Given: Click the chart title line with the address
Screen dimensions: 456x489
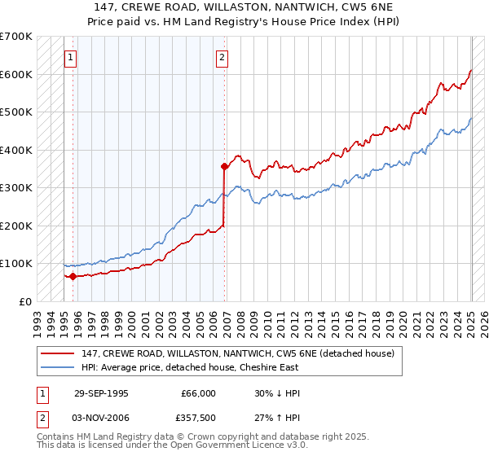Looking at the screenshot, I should click(x=244, y=7).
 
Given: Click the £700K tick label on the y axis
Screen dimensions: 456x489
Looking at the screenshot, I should click(x=16, y=37).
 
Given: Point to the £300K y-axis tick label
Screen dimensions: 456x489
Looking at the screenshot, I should click(x=16, y=188).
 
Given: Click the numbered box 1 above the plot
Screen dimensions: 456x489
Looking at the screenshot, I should click(x=72, y=58).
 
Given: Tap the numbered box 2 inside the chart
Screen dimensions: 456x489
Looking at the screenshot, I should click(x=222, y=58).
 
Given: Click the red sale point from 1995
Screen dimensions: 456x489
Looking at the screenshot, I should click(x=73, y=276).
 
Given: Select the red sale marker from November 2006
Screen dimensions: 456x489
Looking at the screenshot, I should click(x=224, y=166).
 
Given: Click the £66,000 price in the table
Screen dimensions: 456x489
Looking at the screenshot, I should click(x=198, y=393).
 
